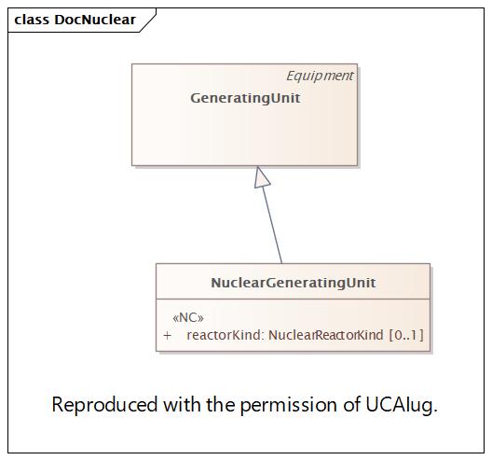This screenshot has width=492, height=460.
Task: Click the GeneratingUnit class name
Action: pos(245,98)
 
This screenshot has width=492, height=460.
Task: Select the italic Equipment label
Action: pos(320,76)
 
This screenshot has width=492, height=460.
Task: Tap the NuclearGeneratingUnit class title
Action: pos(294,283)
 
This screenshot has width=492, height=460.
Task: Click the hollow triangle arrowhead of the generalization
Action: pos(261,177)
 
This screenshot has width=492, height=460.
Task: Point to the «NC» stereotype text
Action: pos(188,318)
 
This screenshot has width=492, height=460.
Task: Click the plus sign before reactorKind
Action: pos(167,335)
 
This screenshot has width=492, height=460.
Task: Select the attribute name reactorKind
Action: pos(224,335)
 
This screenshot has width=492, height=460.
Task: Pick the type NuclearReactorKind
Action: pos(326,335)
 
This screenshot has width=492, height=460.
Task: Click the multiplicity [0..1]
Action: pos(406,335)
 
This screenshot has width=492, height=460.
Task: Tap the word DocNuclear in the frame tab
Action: pos(95,20)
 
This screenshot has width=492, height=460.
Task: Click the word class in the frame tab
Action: pos(32,20)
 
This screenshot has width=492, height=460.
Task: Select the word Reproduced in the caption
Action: pos(104,405)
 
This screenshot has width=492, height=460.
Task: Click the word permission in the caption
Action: pos(288,405)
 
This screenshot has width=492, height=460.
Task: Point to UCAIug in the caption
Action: pos(402,405)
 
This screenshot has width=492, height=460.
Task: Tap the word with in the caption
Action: pos(183,404)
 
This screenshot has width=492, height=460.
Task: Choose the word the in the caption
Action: pos(221,404)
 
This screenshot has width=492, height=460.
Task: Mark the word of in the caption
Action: pos(351,404)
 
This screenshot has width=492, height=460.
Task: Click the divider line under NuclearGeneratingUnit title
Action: pos(294,299)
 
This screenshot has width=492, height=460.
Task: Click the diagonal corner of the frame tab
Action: pos(148,21)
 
